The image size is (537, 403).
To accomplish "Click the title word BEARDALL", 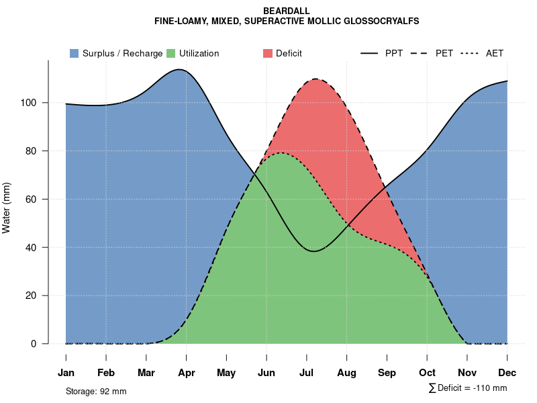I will point(287,11).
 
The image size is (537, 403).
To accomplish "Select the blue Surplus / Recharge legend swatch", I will point(75,53).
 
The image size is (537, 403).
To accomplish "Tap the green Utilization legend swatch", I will point(171,53).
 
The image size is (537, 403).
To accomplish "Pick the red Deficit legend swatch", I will point(268,53).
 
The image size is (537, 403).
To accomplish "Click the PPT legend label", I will point(394,53).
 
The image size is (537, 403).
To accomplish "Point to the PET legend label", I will point(444,53).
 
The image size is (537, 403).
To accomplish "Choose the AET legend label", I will point(495,53).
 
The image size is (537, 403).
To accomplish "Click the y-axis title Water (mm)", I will point(7,208).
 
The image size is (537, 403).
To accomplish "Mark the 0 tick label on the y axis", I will point(42,344).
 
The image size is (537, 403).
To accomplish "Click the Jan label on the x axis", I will point(66,373).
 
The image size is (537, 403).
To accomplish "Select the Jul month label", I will point(307,373).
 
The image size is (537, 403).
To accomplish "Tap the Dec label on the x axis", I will point(507,373).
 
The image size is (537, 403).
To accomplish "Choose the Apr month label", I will point(187,373).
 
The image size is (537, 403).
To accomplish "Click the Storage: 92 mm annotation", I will point(96,391).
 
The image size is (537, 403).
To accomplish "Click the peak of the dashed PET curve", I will point(315,79).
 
